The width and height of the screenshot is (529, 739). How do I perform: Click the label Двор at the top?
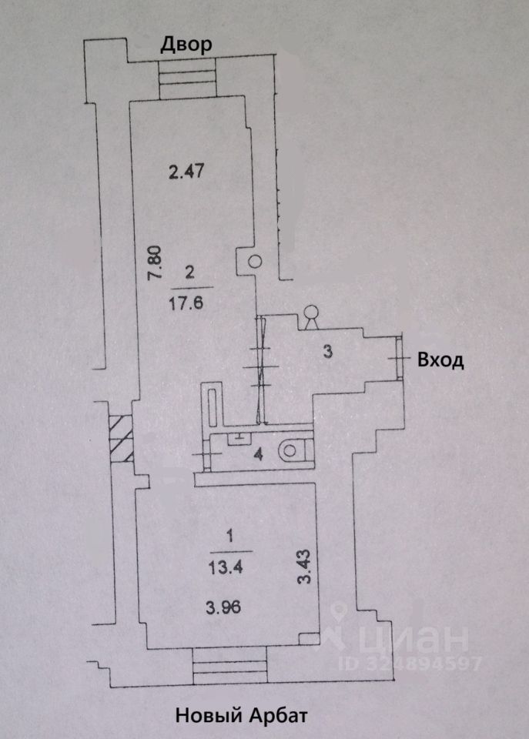(x=185, y=45)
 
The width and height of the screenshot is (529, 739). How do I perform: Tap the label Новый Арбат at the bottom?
(x=242, y=716)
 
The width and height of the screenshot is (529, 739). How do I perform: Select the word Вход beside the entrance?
(x=440, y=360)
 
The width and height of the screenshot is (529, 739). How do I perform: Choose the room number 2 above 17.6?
(x=189, y=271)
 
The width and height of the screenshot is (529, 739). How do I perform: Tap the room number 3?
(x=327, y=353)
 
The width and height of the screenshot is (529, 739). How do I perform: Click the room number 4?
(x=259, y=454)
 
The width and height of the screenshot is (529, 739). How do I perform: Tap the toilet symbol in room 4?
(x=293, y=450)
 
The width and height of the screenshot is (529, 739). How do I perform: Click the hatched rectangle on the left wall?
(x=121, y=438)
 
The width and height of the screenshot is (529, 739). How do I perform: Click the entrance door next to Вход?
(x=400, y=358)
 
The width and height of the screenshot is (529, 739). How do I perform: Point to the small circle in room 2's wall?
(x=255, y=262)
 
